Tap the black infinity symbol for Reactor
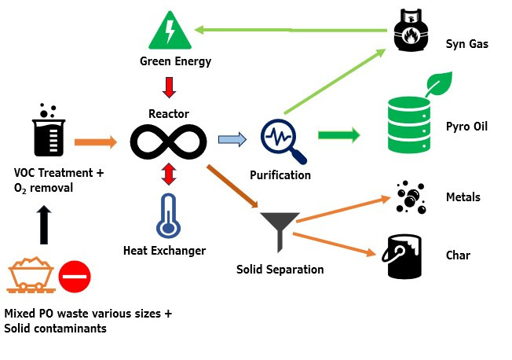(168, 142)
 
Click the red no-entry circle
(75, 277)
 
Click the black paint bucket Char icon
(406, 255)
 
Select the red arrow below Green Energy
(168, 86)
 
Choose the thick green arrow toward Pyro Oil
(339, 135)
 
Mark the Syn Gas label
(466, 44)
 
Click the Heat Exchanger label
(165, 251)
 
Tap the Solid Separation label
(280, 270)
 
